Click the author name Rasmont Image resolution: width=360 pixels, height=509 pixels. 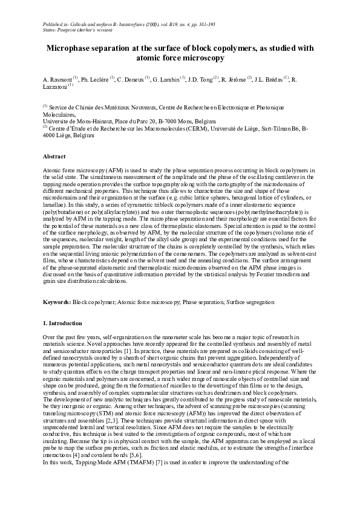click(61, 79)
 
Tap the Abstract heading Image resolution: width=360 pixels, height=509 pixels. click(54, 157)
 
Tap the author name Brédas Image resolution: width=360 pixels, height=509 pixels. click(275, 79)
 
